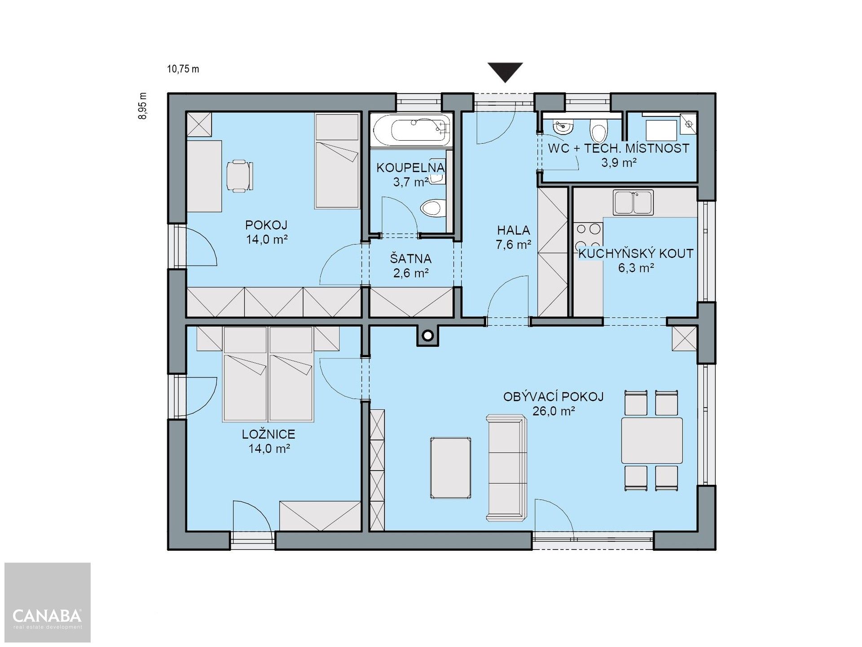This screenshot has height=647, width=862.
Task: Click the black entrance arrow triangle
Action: coord(506,71)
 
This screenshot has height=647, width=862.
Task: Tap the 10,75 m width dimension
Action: coord(183,69)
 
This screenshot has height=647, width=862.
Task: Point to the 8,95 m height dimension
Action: coord(143,106)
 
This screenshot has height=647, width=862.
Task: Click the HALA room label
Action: coord(513,230)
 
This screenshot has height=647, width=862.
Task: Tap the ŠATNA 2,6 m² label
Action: coord(410,266)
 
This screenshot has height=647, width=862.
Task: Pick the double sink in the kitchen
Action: coord(633,203)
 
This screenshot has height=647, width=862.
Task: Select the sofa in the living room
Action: coord(506,468)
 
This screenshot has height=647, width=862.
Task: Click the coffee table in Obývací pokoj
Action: coord(451,467)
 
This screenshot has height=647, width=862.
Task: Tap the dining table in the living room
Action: coord(651,440)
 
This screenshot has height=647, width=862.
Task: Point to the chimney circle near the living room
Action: coord(428,335)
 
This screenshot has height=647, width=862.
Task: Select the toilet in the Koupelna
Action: coord(432,208)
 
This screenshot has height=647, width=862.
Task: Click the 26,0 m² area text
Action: coord(554,411)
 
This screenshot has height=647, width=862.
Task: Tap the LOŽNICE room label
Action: coord(268,434)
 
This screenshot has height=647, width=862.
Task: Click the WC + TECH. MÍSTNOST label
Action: coord(618,148)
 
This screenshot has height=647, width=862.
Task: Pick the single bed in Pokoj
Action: coord(337,162)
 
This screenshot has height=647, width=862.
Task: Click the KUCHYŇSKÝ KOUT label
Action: coord(635,253)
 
